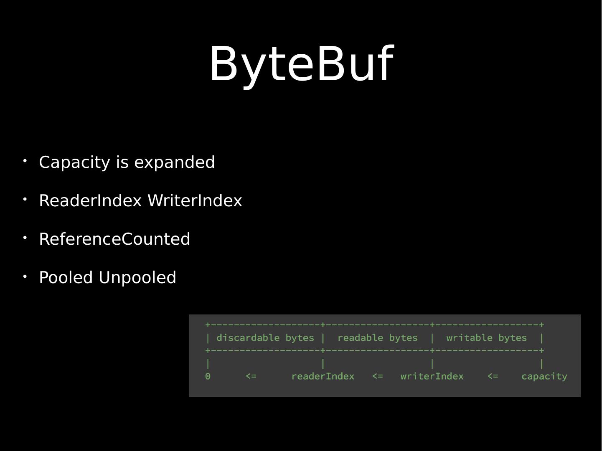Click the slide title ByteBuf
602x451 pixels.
pyautogui.click(x=302, y=64)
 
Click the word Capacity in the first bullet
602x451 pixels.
pyautogui.click(x=75, y=163)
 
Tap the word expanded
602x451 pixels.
pyautogui.click(x=175, y=162)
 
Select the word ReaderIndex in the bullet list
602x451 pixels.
pyautogui.click(x=91, y=200)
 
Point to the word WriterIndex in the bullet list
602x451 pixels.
pyautogui.click(x=195, y=200)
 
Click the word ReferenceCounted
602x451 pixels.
pyautogui.click(x=114, y=239)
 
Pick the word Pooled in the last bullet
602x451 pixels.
pyautogui.click(x=66, y=277)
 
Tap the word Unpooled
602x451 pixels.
pyautogui.click(x=137, y=277)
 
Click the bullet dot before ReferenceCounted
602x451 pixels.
pyautogui.click(x=25, y=238)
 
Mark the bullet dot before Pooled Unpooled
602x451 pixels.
pyautogui.click(x=25, y=276)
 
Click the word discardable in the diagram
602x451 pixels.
pyautogui.click(x=248, y=338)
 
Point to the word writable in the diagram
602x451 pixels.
pyautogui.click(x=469, y=338)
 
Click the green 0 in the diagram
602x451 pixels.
pyautogui.click(x=208, y=376)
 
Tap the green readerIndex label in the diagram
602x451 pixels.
pyautogui.click(x=323, y=376)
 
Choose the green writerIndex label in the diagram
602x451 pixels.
pyautogui.click(x=432, y=376)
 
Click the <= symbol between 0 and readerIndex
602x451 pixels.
pyautogui.click(x=251, y=376)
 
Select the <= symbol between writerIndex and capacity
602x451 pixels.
pyautogui.click(x=493, y=376)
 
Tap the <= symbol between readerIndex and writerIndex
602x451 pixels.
pyautogui.click(x=377, y=376)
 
